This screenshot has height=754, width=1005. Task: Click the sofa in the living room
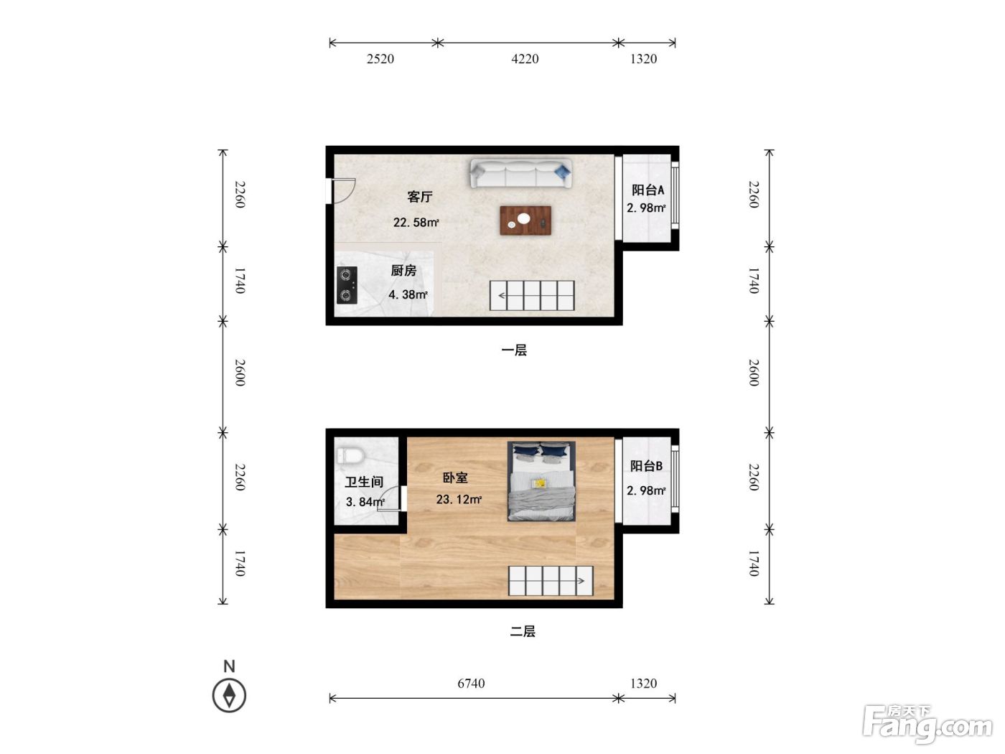point(521,173)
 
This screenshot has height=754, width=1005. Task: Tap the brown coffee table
point(525,220)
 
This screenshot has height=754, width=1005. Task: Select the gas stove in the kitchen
point(347,285)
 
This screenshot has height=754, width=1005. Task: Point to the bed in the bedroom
point(541,481)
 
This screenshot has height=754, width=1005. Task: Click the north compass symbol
point(229,695)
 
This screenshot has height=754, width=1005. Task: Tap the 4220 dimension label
point(525,59)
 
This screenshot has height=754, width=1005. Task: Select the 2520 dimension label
point(380,59)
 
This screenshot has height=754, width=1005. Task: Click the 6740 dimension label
point(471,684)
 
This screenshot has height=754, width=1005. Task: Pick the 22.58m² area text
point(416,223)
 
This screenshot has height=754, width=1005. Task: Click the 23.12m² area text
point(459,500)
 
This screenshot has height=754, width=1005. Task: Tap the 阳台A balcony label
point(648,190)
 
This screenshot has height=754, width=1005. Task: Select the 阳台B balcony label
point(646,466)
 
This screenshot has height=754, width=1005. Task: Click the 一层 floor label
point(514,350)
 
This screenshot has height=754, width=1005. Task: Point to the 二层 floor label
point(523,632)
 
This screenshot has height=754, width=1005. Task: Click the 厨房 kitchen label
point(403,271)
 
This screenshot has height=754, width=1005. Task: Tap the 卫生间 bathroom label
point(364,482)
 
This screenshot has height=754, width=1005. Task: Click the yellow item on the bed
point(539,483)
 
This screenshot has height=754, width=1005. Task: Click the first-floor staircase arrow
point(502,296)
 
